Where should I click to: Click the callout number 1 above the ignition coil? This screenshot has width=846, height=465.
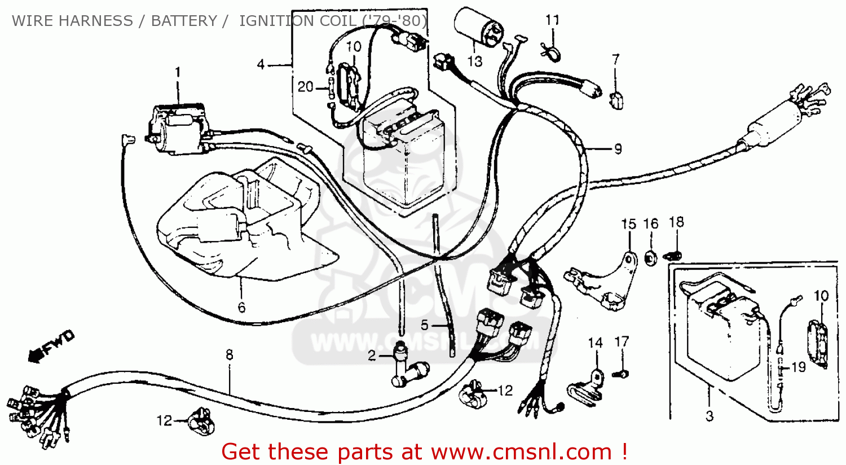[178, 72]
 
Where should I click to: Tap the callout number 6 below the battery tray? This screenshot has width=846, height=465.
[242, 308]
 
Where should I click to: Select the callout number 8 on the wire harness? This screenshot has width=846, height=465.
[230, 355]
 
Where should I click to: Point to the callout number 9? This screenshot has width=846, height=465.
[618, 149]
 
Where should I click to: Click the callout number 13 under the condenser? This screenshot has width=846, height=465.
[475, 62]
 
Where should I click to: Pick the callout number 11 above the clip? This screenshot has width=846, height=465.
[552, 20]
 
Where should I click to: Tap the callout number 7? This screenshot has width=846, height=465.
[616, 59]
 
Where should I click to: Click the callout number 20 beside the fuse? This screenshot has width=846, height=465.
[306, 87]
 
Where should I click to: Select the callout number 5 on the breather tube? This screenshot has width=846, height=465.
[425, 325]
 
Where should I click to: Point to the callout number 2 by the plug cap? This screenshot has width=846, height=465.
[372, 356]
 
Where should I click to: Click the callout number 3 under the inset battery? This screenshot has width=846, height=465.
[710, 416]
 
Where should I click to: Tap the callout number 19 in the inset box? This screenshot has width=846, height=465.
[799, 367]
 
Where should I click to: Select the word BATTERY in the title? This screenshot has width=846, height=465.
[184, 21]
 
